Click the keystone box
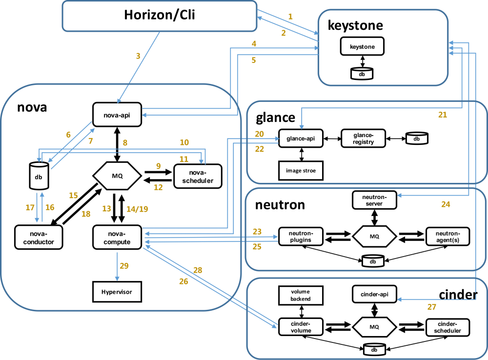[362, 47]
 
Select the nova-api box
[117, 115]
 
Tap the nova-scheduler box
[198, 177]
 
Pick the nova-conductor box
[39, 238]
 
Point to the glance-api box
[301, 139]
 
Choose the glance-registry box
[364, 139]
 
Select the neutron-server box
[374, 200]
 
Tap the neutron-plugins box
[301, 236]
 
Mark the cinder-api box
[374, 294]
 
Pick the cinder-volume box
[301, 327]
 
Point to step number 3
[138, 56]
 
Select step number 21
[443, 115]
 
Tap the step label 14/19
[137, 209]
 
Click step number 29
[124, 266]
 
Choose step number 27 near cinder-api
[432, 307]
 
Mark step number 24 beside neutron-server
[446, 205]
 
